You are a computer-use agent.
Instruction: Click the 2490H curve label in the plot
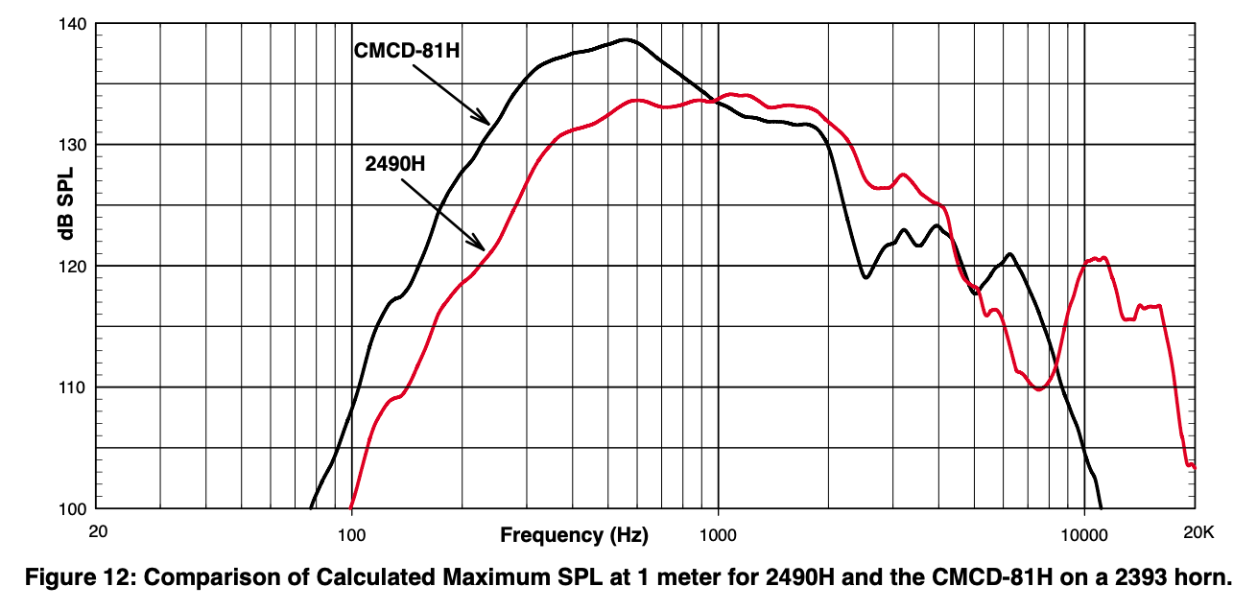tap(395, 163)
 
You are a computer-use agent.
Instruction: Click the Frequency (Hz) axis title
tap(574, 534)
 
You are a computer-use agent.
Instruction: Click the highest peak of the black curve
tap(626, 40)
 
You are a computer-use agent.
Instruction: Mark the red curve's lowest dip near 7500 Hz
tap(1039, 388)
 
